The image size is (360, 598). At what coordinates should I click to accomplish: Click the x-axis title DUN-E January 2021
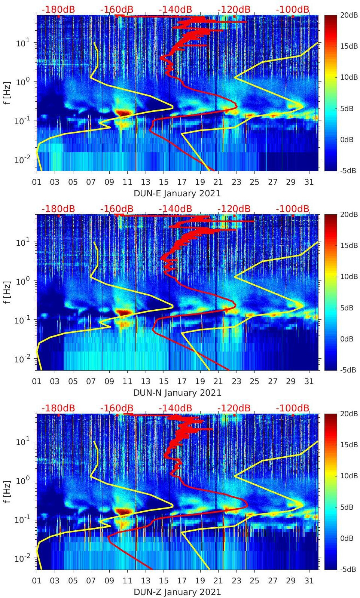[x=177, y=193]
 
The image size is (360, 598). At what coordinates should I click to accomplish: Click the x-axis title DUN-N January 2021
[x=177, y=393]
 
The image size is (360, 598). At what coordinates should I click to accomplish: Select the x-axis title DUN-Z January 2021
[x=177, y=592]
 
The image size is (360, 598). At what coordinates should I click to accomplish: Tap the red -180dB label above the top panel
[x=58, y=9]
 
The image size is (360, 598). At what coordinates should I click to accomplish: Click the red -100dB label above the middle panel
[x=293, y=209]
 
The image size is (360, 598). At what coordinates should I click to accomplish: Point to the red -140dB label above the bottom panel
[x=175, y=408]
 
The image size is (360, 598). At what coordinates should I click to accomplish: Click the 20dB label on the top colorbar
[x=347, y=15]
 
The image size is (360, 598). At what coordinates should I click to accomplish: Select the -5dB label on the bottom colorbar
[x=347, y=569]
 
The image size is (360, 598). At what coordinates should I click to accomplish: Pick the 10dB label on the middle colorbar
[x=347, y=276]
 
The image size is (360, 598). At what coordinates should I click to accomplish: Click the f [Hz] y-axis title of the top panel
[x=7, y=93]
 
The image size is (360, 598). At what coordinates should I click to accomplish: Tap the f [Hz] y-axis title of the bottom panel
[x=7, y=491]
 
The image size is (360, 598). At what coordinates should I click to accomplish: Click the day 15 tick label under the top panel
[x=164, y=182]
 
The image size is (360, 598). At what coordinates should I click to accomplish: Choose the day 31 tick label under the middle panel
[x=309, y=381]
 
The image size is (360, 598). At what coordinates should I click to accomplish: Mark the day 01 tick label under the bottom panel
[x=37, y=581]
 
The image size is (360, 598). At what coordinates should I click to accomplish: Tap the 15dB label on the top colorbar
[x=347, y=46]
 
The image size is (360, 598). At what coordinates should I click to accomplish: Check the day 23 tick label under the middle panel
[x=236, y=381]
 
